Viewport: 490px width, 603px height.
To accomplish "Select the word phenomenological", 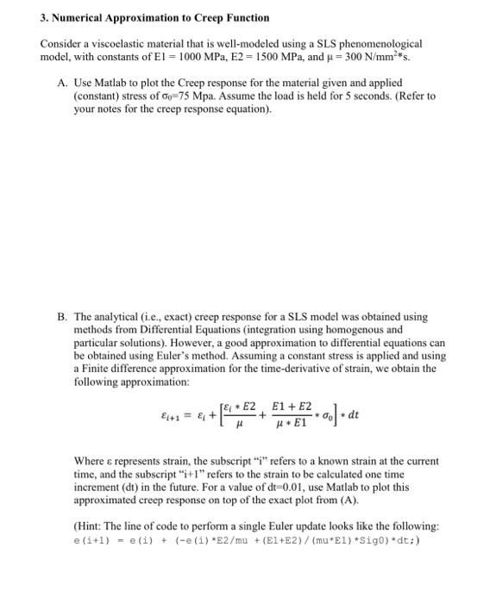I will pos(382,42).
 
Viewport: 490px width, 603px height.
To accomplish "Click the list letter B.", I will pos(62,316).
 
